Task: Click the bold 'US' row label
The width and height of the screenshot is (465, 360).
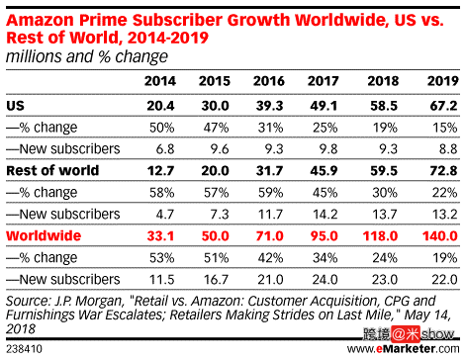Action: [x=16, y=104]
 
